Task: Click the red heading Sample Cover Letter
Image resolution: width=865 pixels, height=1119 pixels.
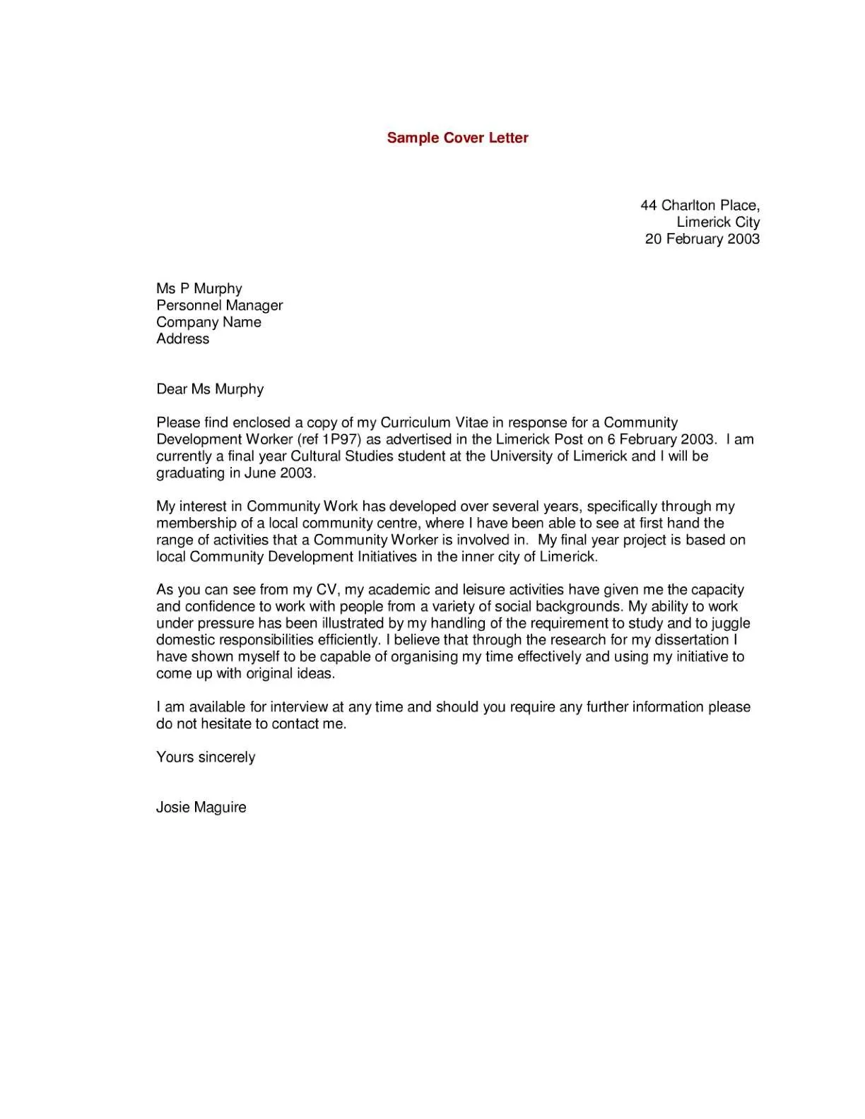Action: (457, 138)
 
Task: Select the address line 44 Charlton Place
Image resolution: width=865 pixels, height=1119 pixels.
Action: (700, 206)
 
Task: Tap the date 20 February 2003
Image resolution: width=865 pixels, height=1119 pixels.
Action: (702, 239)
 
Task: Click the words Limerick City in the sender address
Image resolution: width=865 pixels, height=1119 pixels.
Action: (717, 222)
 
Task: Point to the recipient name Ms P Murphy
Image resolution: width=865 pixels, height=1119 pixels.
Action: (199, 288)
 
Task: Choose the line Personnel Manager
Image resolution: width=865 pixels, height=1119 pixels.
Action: (219, 305)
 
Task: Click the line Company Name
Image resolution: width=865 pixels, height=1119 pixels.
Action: (208, 322)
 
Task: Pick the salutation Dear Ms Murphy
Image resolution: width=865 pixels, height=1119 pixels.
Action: (210, 389)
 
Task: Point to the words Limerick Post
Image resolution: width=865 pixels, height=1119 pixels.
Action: (539, 439)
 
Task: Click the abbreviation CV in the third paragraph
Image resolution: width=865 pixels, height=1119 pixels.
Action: (327, 590)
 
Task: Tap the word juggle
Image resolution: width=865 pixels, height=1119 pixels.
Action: (730, 623)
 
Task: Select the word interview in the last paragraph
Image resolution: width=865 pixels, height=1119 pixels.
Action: (299, 707)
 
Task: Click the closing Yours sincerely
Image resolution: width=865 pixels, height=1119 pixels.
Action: (206, 757)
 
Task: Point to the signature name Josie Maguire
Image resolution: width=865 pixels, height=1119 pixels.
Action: (201, 807)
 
